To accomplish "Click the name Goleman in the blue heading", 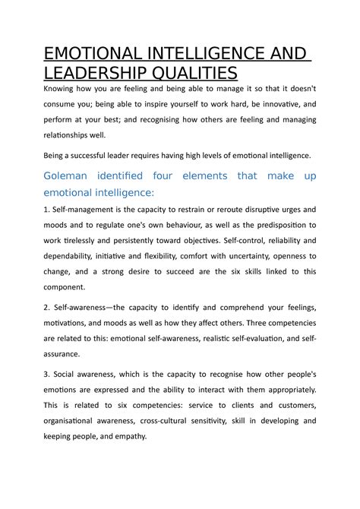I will tap(71, 175).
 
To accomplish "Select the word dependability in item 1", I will tap(78, 254).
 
